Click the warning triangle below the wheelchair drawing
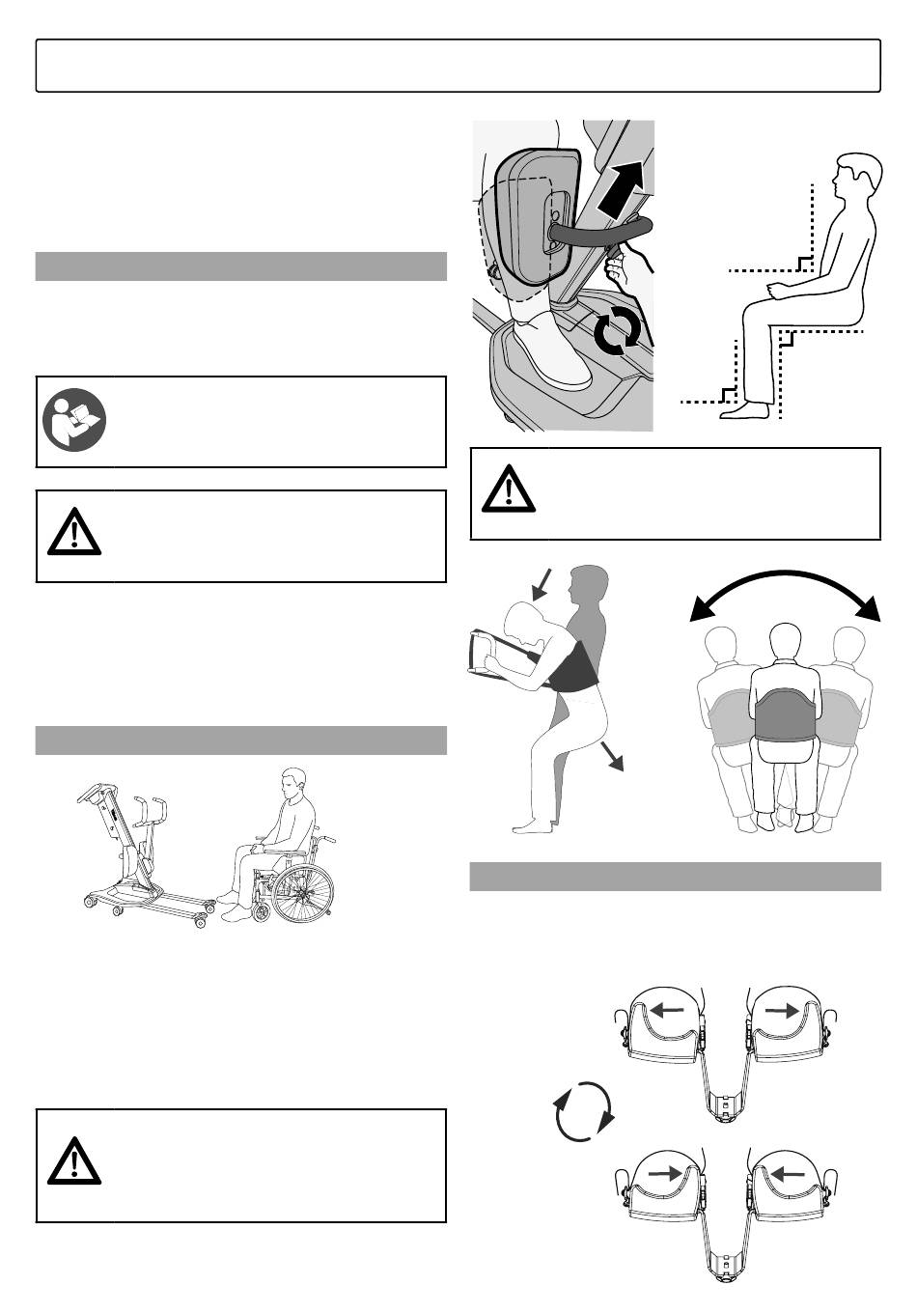pos(74,1161)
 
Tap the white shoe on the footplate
pos(549,354)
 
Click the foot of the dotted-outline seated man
pos(744,409)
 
